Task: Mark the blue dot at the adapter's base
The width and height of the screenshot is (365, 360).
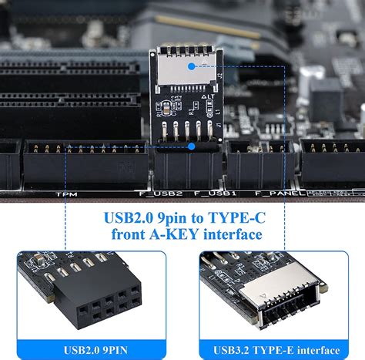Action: (192, 145)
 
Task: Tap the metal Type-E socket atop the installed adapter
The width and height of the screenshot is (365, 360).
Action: (189, 66)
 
